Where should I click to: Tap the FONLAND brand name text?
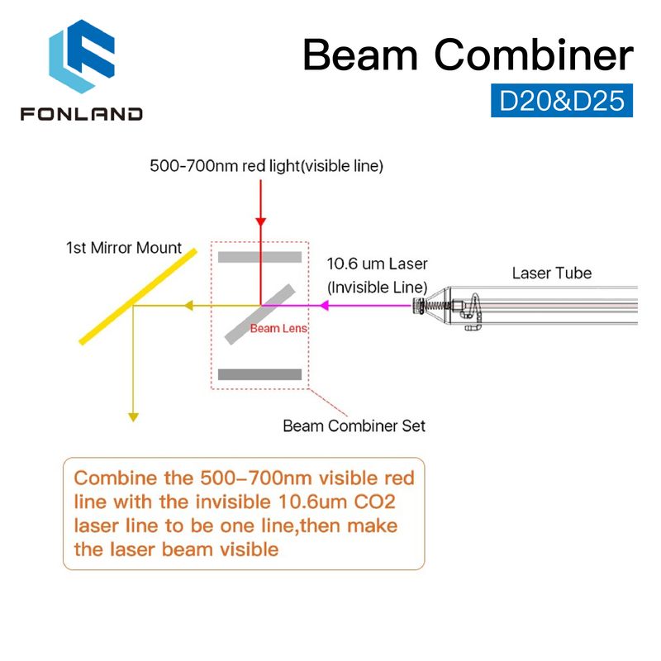[82, 114]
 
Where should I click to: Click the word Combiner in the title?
[534, 55]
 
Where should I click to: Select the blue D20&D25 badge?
[562, 100]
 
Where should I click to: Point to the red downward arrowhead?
[261, 221]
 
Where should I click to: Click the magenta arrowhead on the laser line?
[324, 305]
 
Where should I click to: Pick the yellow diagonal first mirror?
[138, 297]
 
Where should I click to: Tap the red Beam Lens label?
[278, 328]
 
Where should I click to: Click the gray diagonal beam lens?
[259, 315]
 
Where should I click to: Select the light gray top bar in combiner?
[259, 257]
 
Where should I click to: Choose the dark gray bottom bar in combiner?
[259, 374]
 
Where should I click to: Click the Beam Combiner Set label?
[354, 426]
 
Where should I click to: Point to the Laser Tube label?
[552, 273]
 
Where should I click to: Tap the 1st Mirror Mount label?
[123, 247]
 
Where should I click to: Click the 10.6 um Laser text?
[378, 264]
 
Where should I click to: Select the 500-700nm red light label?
[266, 166]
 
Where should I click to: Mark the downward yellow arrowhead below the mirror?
[133, 417]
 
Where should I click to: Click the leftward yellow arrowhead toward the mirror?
[188, 305]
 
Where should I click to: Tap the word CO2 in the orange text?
[374, 502]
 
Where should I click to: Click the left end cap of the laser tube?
[420, 305]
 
